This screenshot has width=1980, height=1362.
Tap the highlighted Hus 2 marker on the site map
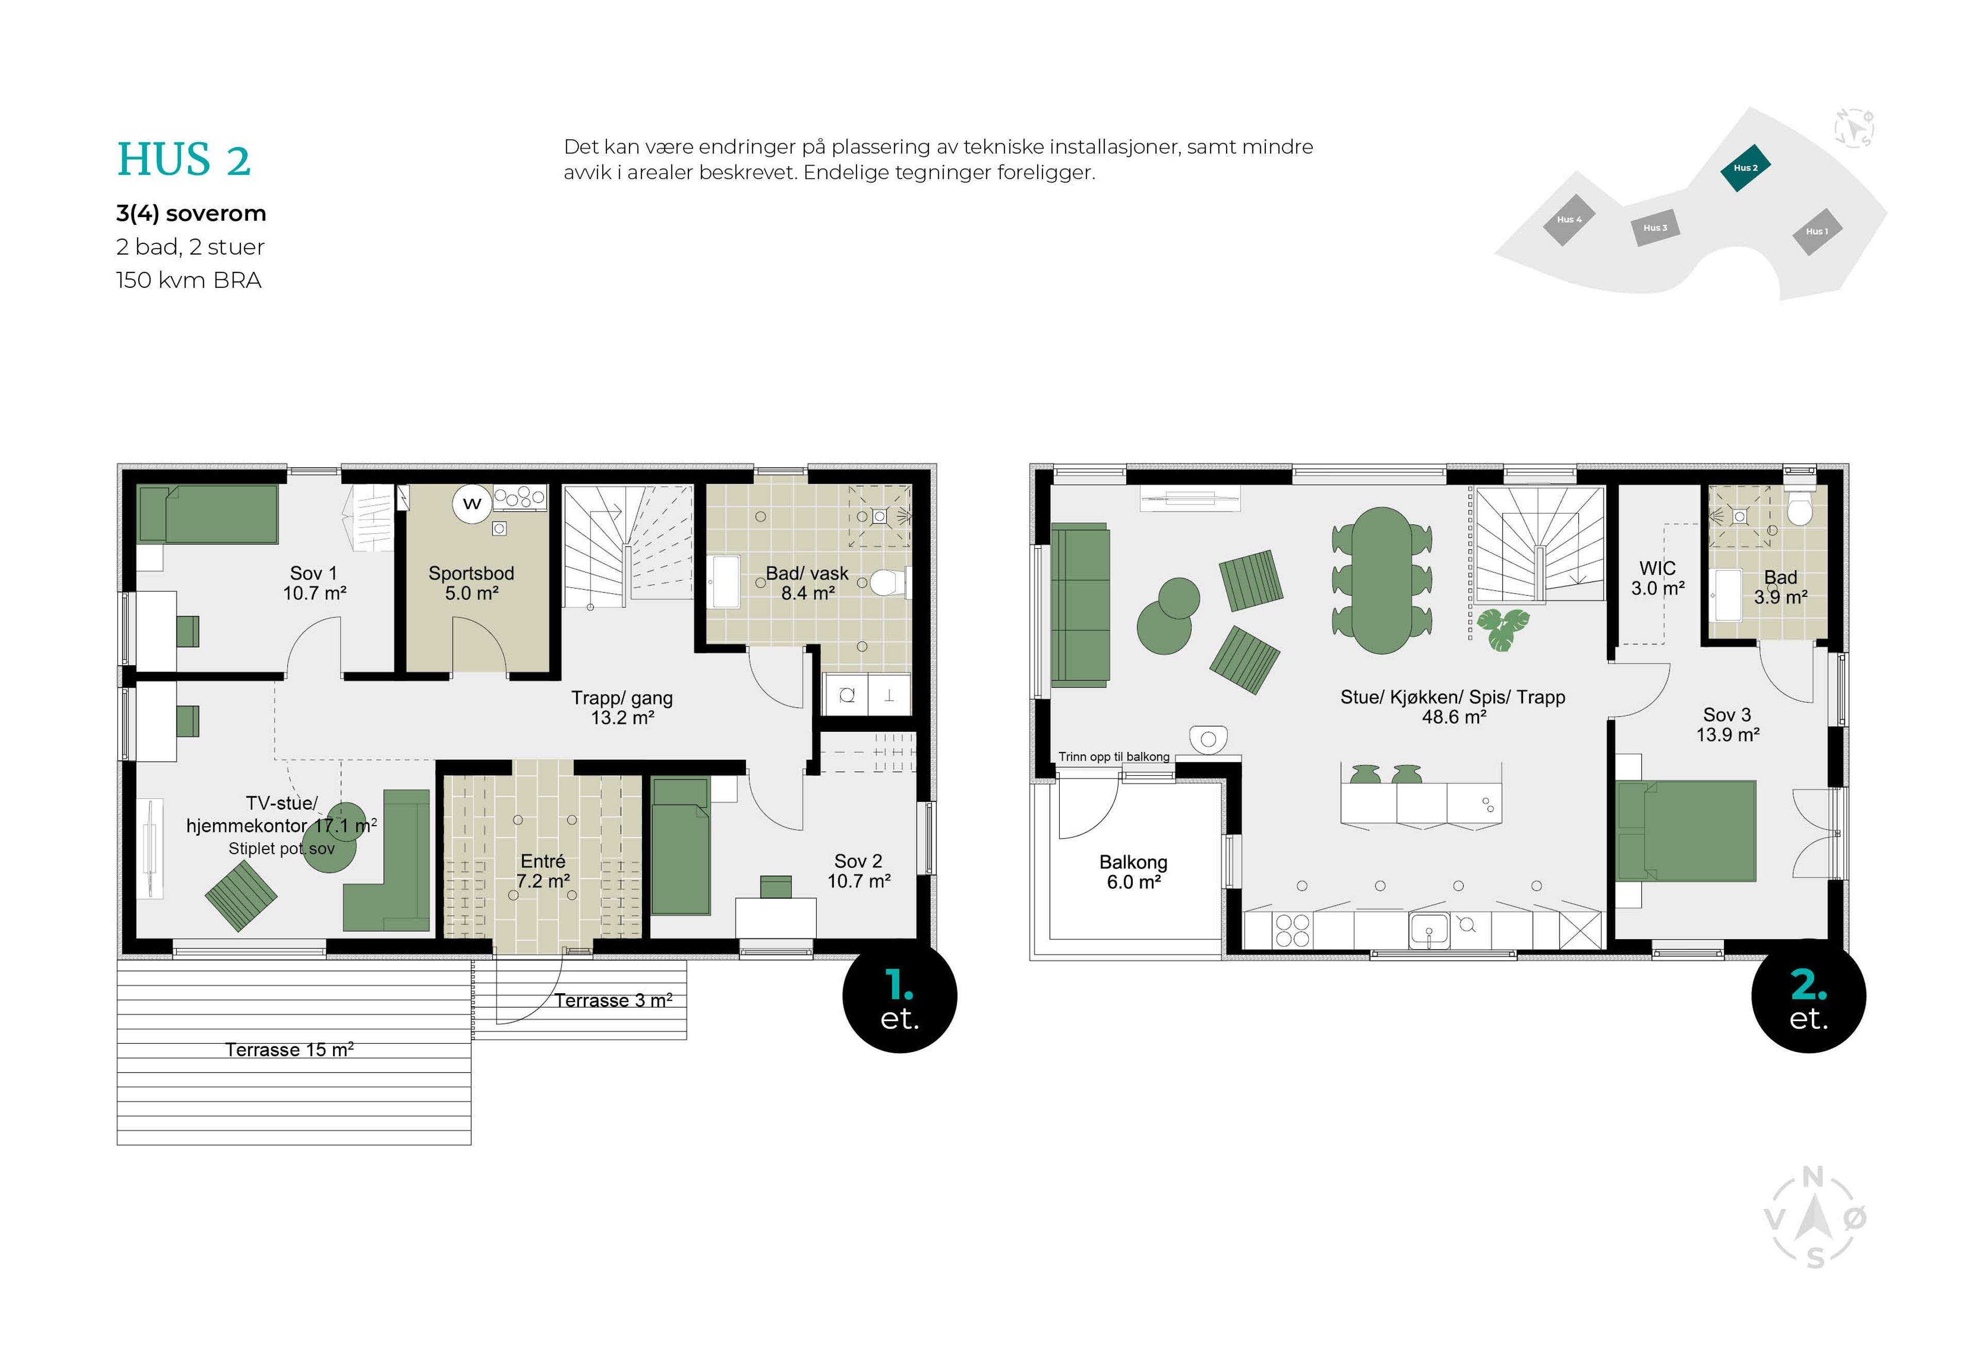point(1744,167)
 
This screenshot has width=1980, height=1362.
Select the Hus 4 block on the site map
point(1568,219)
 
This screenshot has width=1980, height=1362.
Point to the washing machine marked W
point(472,503)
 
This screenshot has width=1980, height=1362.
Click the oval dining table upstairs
point(1381,580)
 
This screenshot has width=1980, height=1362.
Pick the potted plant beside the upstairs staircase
point(1503,629)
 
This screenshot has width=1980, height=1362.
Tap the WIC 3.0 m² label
point(1657,578)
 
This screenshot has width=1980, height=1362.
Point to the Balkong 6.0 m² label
point(1133,872)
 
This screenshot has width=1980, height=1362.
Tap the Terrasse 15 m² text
point(289,1049)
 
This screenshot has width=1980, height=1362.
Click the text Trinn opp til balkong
point(1113,756)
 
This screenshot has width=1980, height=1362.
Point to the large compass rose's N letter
point(1813,1178)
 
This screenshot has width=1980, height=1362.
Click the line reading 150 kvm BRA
point(189,280)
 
